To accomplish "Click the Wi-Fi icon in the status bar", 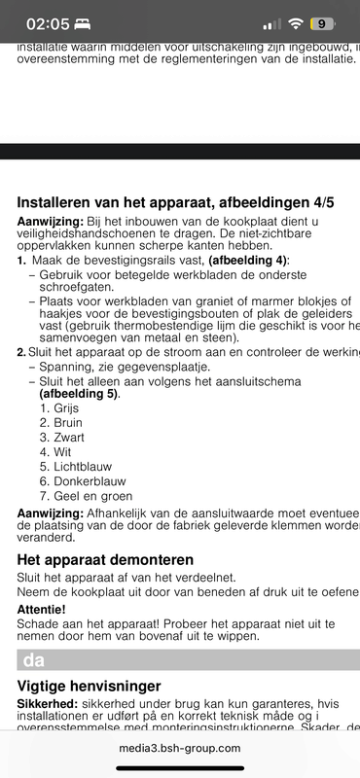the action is [x=296, y=23].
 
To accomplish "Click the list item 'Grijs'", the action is [x=59, y=408].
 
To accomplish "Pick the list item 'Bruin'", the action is [x=61, y=423].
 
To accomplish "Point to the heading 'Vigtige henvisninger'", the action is [x=89, y=687].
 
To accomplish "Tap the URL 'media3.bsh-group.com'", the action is [x=180, y=748].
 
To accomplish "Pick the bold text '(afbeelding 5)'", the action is [x=78, y=394].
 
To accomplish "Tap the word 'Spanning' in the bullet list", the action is [x=66, y=367].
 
